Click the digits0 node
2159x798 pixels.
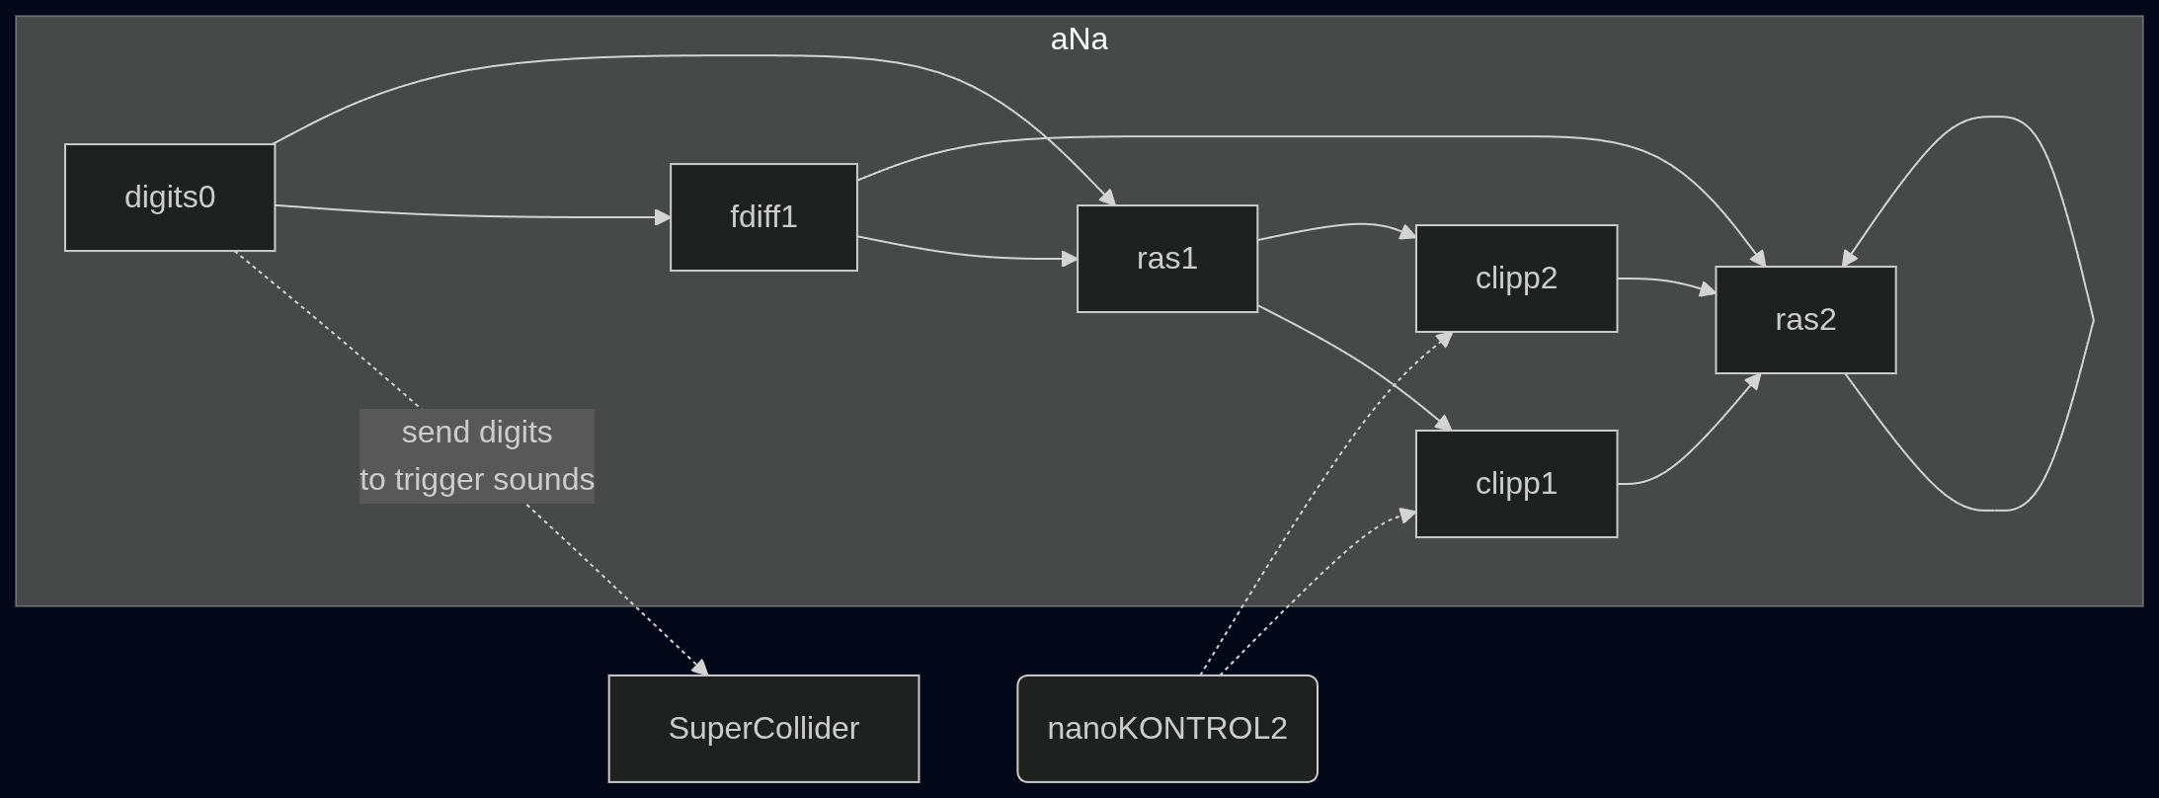[170, 198]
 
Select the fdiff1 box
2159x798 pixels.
[763, 217]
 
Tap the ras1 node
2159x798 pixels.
[1167, 259]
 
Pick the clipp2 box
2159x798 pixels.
[1516, 279]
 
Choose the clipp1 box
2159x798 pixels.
[1516, 484]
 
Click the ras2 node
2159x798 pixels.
[1805, 320]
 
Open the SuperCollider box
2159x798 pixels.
[763, 729]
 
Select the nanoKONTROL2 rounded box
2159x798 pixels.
[1167, 729]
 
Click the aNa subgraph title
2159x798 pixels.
[1079, 40]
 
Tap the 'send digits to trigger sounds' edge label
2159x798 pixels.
[477, 456]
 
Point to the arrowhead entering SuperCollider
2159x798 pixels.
[700, 669]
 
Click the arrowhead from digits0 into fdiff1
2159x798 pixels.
[663, 217]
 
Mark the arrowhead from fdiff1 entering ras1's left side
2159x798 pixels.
[1070, 259]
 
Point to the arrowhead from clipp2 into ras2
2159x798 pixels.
[1708, 290]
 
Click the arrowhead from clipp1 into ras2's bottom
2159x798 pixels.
[1753, 381]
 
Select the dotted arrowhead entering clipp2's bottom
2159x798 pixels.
[1444, 339]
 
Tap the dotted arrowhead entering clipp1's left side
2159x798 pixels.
[1408, 515]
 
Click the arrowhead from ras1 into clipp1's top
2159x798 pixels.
[1444, 424]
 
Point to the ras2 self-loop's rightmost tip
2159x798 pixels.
[2093, 320]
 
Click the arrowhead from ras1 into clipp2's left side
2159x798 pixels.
[1408, 234]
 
